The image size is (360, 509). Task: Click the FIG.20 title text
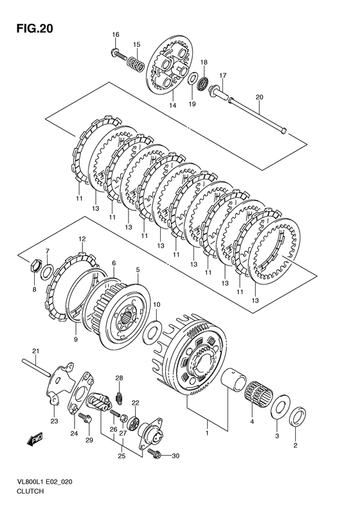(35, 29)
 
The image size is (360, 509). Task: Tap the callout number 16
(116, 35)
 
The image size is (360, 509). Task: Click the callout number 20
(260, 97)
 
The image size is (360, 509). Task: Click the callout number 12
(82, 239)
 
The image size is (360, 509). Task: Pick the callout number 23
(54, 421)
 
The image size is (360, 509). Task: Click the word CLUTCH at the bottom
(30, 491)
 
